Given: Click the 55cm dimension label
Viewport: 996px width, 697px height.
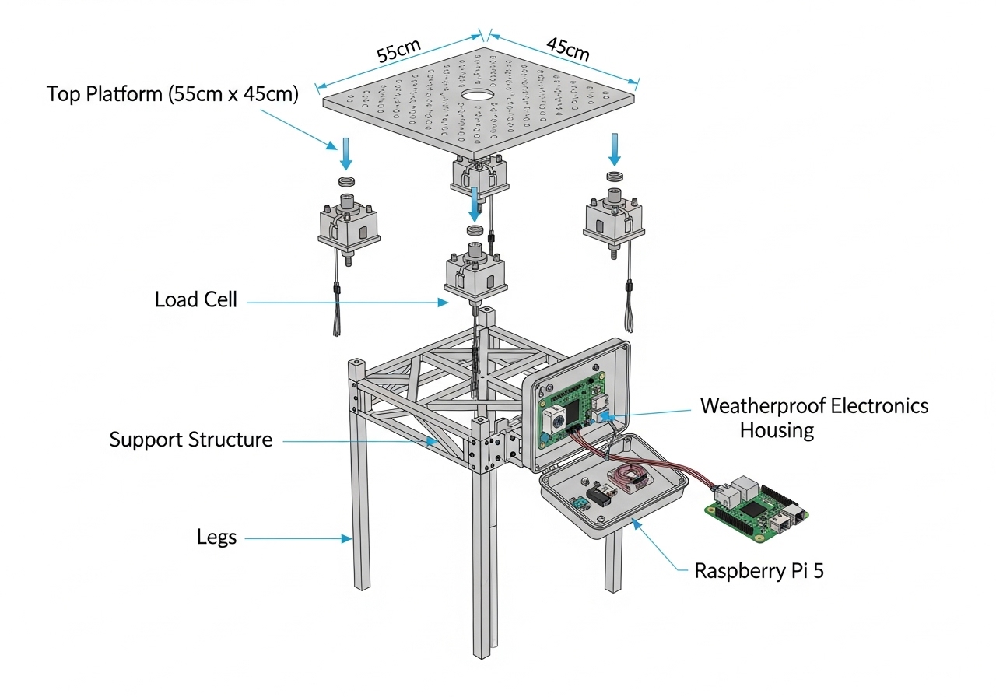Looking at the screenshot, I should click(x=399, y=51).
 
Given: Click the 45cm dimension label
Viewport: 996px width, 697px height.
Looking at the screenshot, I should click(x=567, y=49).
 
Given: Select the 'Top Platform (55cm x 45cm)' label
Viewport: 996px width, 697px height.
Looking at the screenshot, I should click(x=173, y=95).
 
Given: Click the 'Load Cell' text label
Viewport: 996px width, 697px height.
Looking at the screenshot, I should click(x=195, y=299).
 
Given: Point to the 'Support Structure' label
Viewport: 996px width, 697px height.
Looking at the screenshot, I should click(x=191, y=440).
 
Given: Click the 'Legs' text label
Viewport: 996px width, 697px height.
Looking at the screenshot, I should click(x=216, y=537).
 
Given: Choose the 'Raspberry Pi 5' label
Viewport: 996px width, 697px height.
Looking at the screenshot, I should click(x=759, y=571).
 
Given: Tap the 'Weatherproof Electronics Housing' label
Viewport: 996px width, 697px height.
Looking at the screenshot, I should click(x=814, y=418).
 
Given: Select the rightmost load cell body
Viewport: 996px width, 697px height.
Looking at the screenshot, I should click(x=614, y=215).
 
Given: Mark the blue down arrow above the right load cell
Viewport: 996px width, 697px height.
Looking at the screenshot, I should click(x=615, y=149).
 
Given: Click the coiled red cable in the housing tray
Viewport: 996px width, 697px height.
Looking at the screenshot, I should click(x=633, y=478).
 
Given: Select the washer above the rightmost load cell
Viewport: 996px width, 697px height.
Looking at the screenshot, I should click(x=615, y=177).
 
